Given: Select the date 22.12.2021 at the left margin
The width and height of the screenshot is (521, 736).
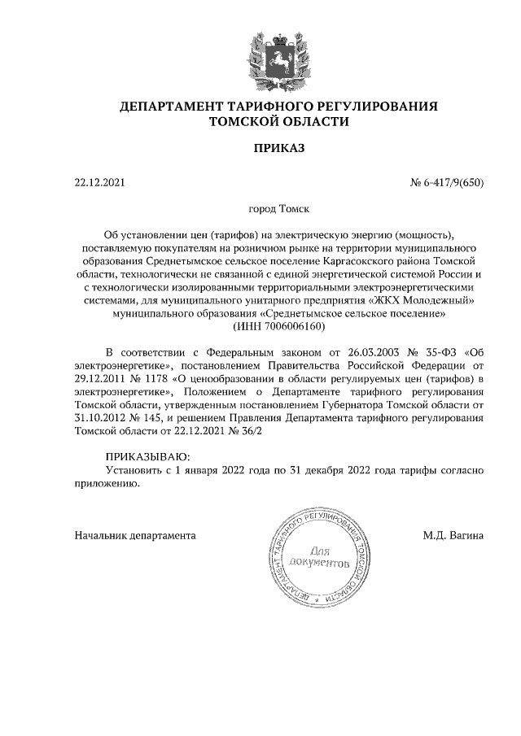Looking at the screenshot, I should [99, 182].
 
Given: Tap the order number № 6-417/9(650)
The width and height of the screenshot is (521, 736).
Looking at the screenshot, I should [446, 182].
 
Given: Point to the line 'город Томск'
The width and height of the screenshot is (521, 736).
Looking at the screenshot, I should [278, 209].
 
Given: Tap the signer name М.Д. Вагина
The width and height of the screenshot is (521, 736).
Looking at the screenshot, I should [453, 536].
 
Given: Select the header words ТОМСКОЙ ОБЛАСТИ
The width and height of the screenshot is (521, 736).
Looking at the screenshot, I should [278, 122].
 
